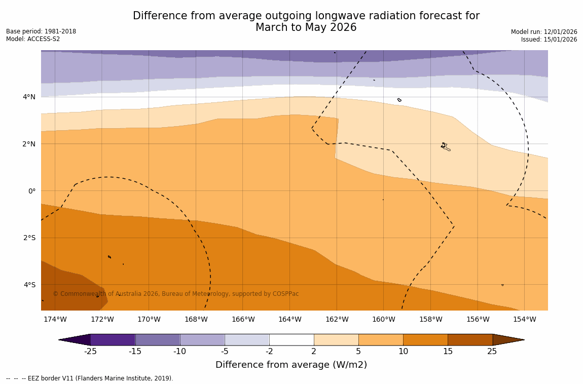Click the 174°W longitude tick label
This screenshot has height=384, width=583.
[55, 320]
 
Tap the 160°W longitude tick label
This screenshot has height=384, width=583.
[383, 320]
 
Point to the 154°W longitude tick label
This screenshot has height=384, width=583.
[524, 320]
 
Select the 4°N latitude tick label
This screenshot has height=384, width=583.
[29, 97]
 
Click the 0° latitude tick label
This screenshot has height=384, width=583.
[31, 191]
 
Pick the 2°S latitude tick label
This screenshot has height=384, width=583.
[29, 238]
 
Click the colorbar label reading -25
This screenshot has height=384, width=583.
[90, 352]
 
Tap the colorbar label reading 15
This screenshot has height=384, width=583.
[448, 352]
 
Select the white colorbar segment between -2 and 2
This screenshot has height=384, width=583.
[291, 340]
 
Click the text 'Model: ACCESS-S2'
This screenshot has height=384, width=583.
[33, 40]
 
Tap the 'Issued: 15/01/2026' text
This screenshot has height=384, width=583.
[549, 40]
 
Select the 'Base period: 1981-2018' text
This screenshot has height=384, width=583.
[41, 31]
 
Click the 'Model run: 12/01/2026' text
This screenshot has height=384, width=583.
[544, 32]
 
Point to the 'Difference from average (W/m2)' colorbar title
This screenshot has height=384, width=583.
[291, 365]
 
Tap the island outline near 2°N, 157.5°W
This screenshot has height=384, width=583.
[445, 147]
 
